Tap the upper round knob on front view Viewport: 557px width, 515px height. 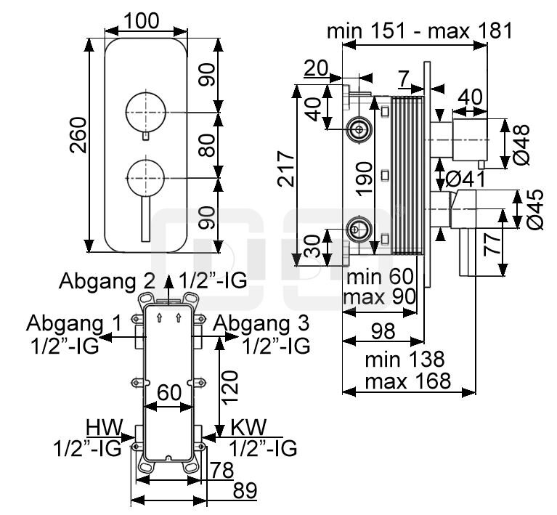146,112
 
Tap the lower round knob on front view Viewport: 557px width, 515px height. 146,177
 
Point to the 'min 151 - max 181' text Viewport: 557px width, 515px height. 419,31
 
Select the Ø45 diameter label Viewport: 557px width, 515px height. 535,211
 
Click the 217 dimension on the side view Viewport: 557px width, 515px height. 288,169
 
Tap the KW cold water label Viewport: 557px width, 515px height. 249,424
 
